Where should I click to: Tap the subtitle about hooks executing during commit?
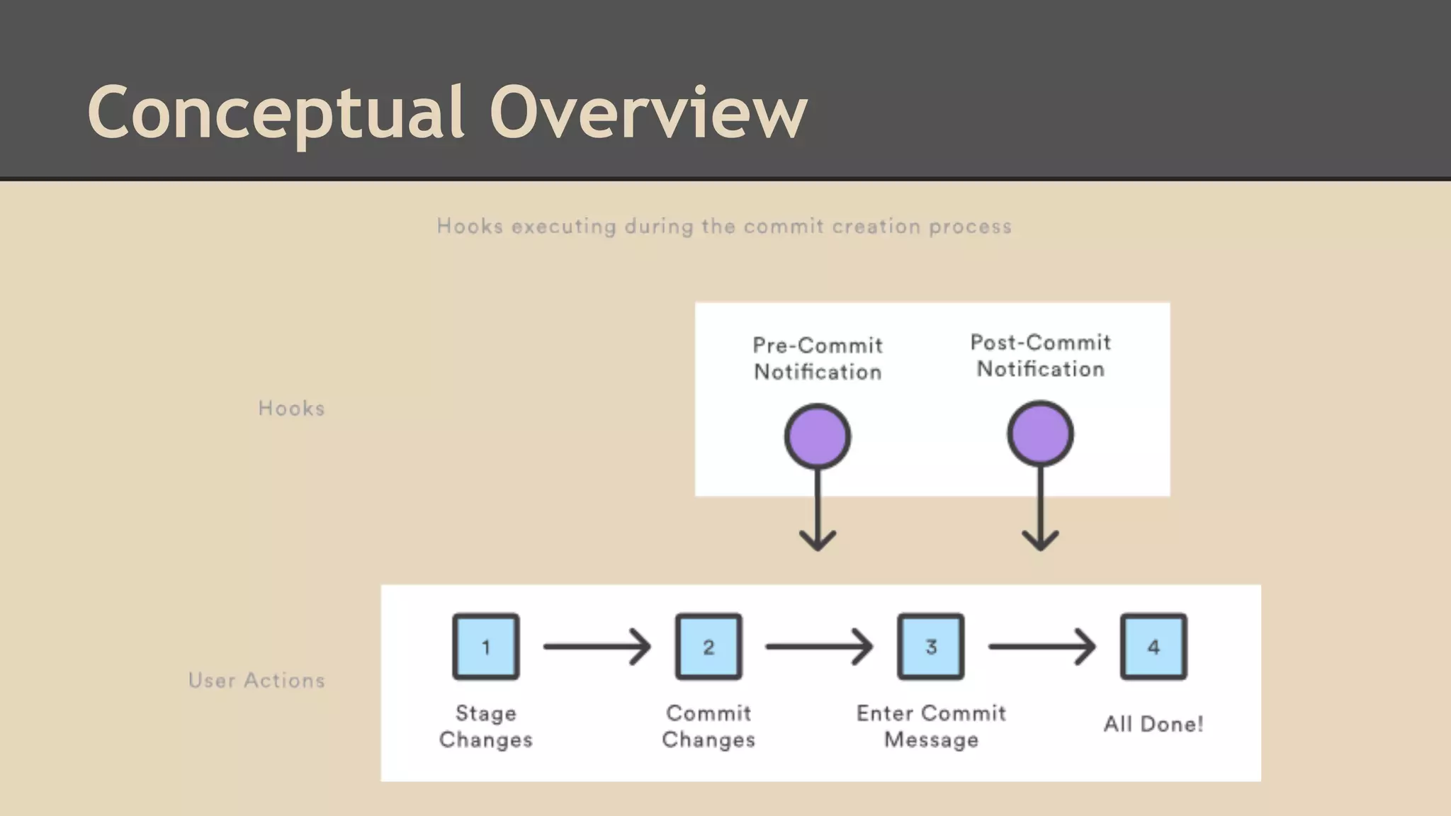point(724,227)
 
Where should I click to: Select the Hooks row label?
point(291,409)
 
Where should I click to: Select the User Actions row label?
point(256,681)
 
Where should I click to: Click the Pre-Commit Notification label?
point(818,358)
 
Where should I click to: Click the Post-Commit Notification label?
point(1040,356)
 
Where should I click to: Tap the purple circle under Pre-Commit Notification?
point(818,436)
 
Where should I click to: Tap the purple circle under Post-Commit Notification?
point(1040,433)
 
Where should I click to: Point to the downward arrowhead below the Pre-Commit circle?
point(818,540)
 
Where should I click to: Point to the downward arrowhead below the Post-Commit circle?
point(1040,540)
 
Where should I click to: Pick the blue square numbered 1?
point(486,647)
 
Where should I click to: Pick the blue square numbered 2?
point(708,647)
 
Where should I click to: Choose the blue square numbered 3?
point(931,647)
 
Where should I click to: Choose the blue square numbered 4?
point(1153,647)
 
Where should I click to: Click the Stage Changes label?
point(486,726)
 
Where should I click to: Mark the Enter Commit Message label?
point(931,726)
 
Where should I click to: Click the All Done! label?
point(1153,724)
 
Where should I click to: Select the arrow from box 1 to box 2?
point(597,647)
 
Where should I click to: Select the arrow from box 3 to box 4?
point(1041,647)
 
